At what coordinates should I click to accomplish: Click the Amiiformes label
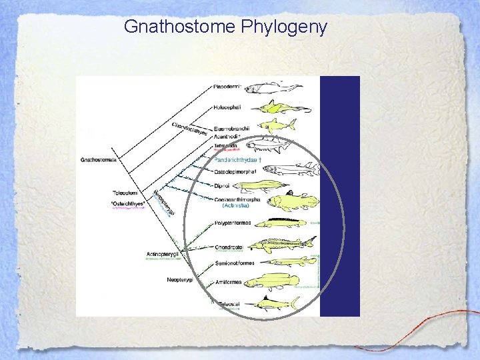[229, 283]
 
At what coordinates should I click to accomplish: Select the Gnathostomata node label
[98, 160]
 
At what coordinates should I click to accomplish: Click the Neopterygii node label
[179, 280]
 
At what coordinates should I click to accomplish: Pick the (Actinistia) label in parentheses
[236, 206]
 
